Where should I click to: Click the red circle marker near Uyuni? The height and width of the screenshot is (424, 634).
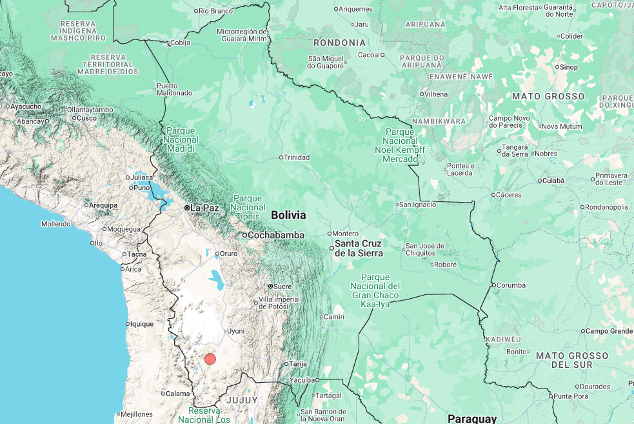point(210,359)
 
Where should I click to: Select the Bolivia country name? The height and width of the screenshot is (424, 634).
point(288,215)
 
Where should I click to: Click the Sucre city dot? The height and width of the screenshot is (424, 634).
point(271,286)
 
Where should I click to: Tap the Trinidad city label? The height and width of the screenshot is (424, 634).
point(297,157)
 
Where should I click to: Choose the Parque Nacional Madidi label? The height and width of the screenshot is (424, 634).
point(181,139)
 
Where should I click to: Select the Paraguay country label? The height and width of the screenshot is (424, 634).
point(472,418)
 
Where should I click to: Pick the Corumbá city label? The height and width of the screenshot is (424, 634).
point(512,285)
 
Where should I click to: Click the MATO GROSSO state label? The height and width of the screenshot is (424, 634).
point(548,96)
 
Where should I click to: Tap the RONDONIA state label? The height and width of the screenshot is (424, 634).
point(339,43)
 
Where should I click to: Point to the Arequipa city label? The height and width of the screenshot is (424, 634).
point(103,205)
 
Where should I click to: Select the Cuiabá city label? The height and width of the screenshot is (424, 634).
point(553,181)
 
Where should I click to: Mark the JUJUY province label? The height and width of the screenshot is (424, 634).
point(241,400)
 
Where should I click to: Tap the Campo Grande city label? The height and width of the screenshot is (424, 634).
point(609,331)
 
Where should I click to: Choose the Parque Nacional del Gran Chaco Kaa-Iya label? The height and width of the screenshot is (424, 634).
point(375,290)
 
